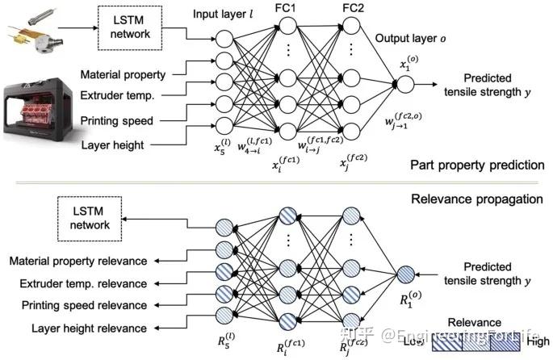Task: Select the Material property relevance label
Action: (78, 261)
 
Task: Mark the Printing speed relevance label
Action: (83, 306)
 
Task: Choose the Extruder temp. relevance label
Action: (83, 283)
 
